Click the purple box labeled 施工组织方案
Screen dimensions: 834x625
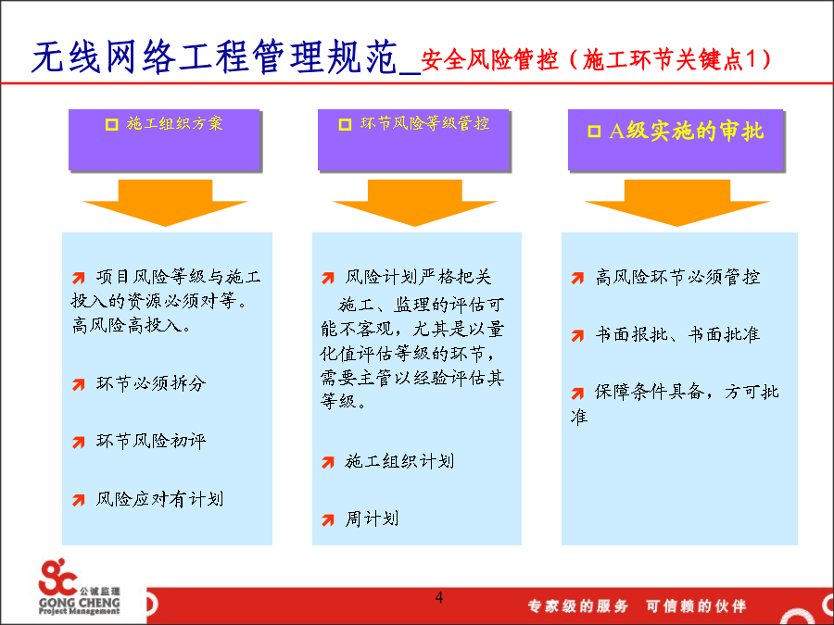tap(164, 140)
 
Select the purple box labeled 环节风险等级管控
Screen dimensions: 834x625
tap(414, 140)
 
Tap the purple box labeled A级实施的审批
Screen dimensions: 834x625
tap(676, 140)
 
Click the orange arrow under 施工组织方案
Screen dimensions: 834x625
tap(166, 203)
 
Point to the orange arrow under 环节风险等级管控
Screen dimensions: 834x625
tap(415, 203)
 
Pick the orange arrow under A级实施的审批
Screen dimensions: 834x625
tap(677, 203)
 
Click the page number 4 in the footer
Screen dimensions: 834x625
tap(439, 597)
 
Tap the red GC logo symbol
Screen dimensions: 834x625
tap(57, 577)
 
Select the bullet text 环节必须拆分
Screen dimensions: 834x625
tap(151, 383)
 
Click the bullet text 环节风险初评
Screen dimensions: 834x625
tap(151, 441)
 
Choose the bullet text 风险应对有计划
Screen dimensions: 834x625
tap(159, 499)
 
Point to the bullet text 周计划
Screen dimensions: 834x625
tap(372, 519)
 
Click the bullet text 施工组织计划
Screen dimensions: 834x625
tap(399, 461)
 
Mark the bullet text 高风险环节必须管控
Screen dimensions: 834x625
tap(677, 277)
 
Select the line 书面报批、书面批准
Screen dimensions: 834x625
tap(677, 334)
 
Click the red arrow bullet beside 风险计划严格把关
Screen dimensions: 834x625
tap(328, 278)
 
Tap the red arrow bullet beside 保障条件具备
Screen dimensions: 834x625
tap(577, 394)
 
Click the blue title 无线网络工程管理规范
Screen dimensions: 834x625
tap(215, 56)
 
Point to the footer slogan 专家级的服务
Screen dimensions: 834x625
tap(577, 606)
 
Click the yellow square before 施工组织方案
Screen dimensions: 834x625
tap(112, 124)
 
